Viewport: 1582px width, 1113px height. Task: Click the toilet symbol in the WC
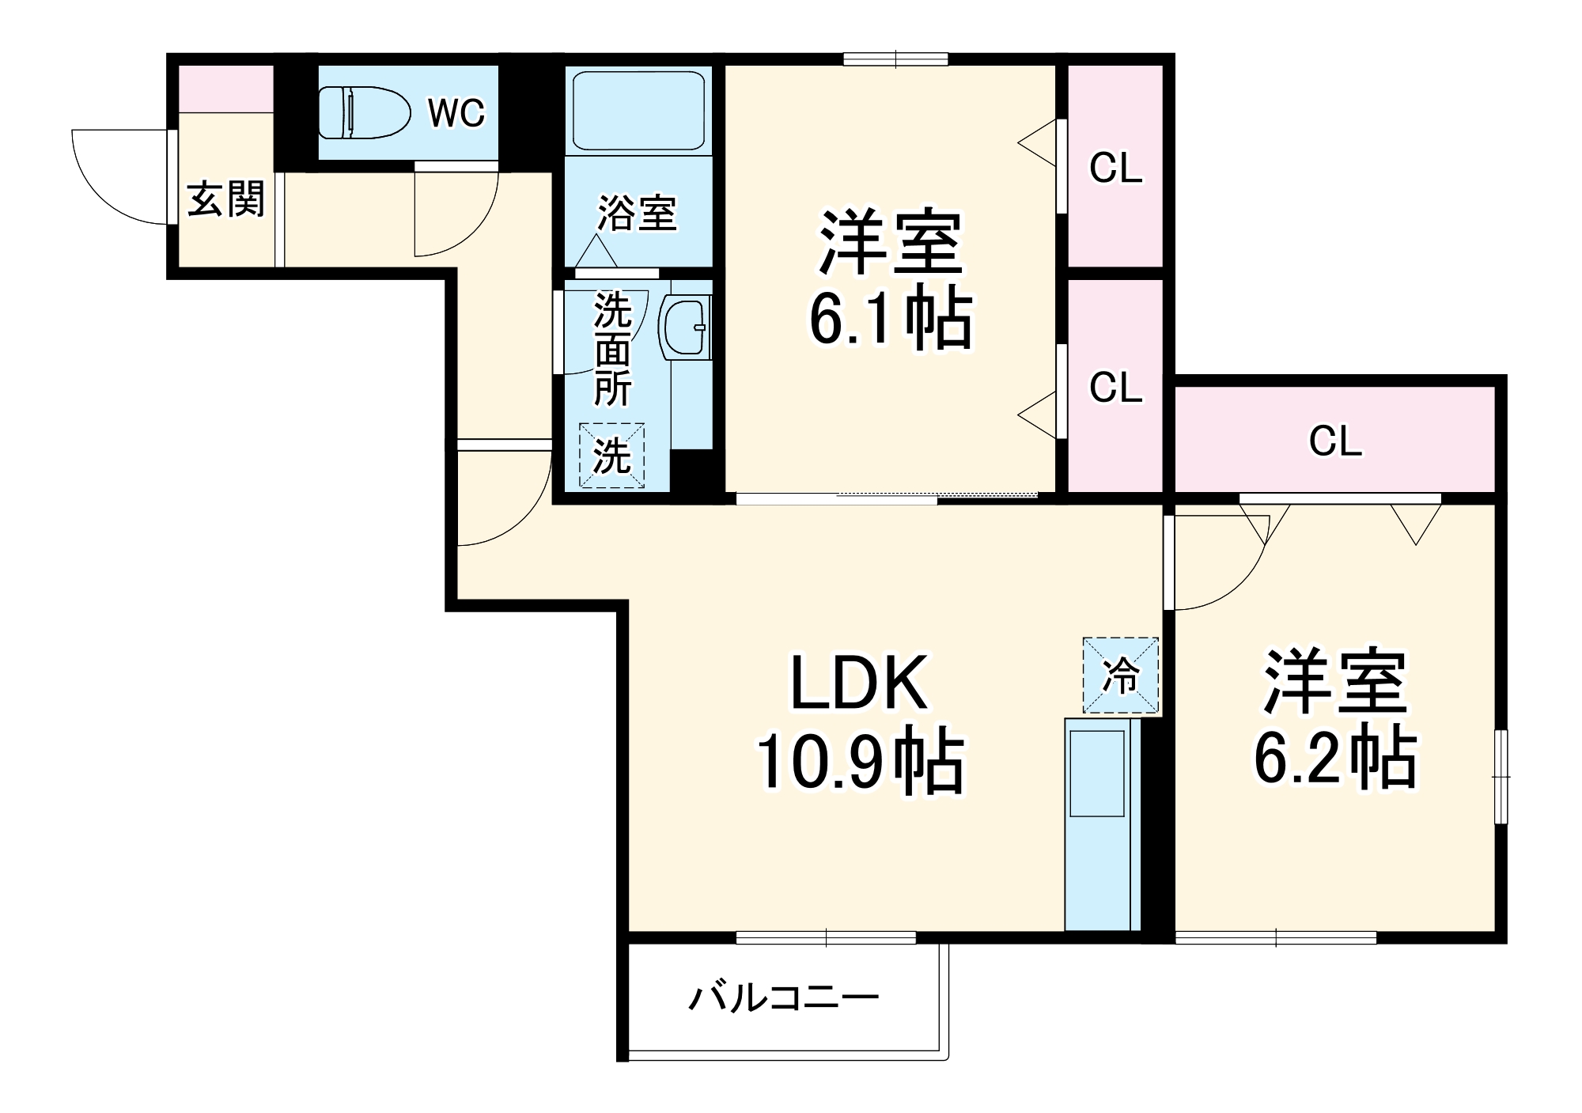[365, 113]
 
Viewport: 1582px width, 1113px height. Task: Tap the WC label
[456, 113]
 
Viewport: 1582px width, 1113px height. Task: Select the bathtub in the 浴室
[638, 111]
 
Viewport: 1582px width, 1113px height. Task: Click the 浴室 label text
[637, 214]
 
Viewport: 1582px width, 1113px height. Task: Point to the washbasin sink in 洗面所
[685, 327]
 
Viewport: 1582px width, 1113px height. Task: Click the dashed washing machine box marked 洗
[611, 456]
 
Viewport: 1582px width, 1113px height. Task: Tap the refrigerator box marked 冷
[1120, 676]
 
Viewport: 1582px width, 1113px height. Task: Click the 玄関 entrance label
[225, 199]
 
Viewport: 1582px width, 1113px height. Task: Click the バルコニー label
[783, 998]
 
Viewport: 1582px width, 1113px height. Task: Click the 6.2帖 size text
[1335, 758]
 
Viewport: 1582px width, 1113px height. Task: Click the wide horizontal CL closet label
[1335, 441]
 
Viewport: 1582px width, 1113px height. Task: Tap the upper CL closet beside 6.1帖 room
[1115, 168]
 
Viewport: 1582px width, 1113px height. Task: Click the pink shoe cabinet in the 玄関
[225, 89]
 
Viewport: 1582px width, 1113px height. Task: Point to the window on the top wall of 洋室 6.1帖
[895, 59]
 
